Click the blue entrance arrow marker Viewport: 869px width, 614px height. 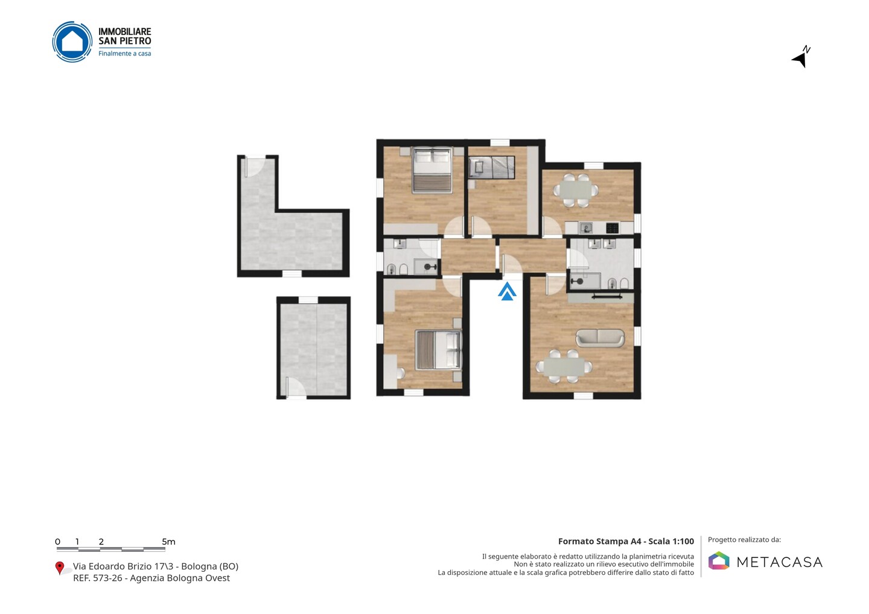pos(507,291)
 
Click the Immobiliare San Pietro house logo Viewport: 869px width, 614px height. pos(72,42)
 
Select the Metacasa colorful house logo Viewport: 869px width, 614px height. pos(719,560)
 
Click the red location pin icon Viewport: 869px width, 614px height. pos(59,568)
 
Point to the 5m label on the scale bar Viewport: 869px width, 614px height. pos(168,542)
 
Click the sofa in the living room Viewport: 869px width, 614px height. pos(600,338)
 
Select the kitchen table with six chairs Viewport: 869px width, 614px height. pos(576,191)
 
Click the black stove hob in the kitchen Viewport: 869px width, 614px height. pos(612,228)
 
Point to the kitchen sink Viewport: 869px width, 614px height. pos(586,228)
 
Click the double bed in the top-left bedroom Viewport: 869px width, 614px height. pos(432,170)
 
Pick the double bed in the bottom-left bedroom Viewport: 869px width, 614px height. pos(438,350)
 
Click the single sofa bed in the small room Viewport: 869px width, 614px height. pos(491,168)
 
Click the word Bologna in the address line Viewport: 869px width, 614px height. pos(198,566)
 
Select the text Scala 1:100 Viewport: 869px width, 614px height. pos(671,541)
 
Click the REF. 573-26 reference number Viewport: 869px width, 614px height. pos(97,578)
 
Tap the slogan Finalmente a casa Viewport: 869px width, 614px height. pos(124,54)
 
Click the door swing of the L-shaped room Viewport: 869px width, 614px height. pos(255,166)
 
